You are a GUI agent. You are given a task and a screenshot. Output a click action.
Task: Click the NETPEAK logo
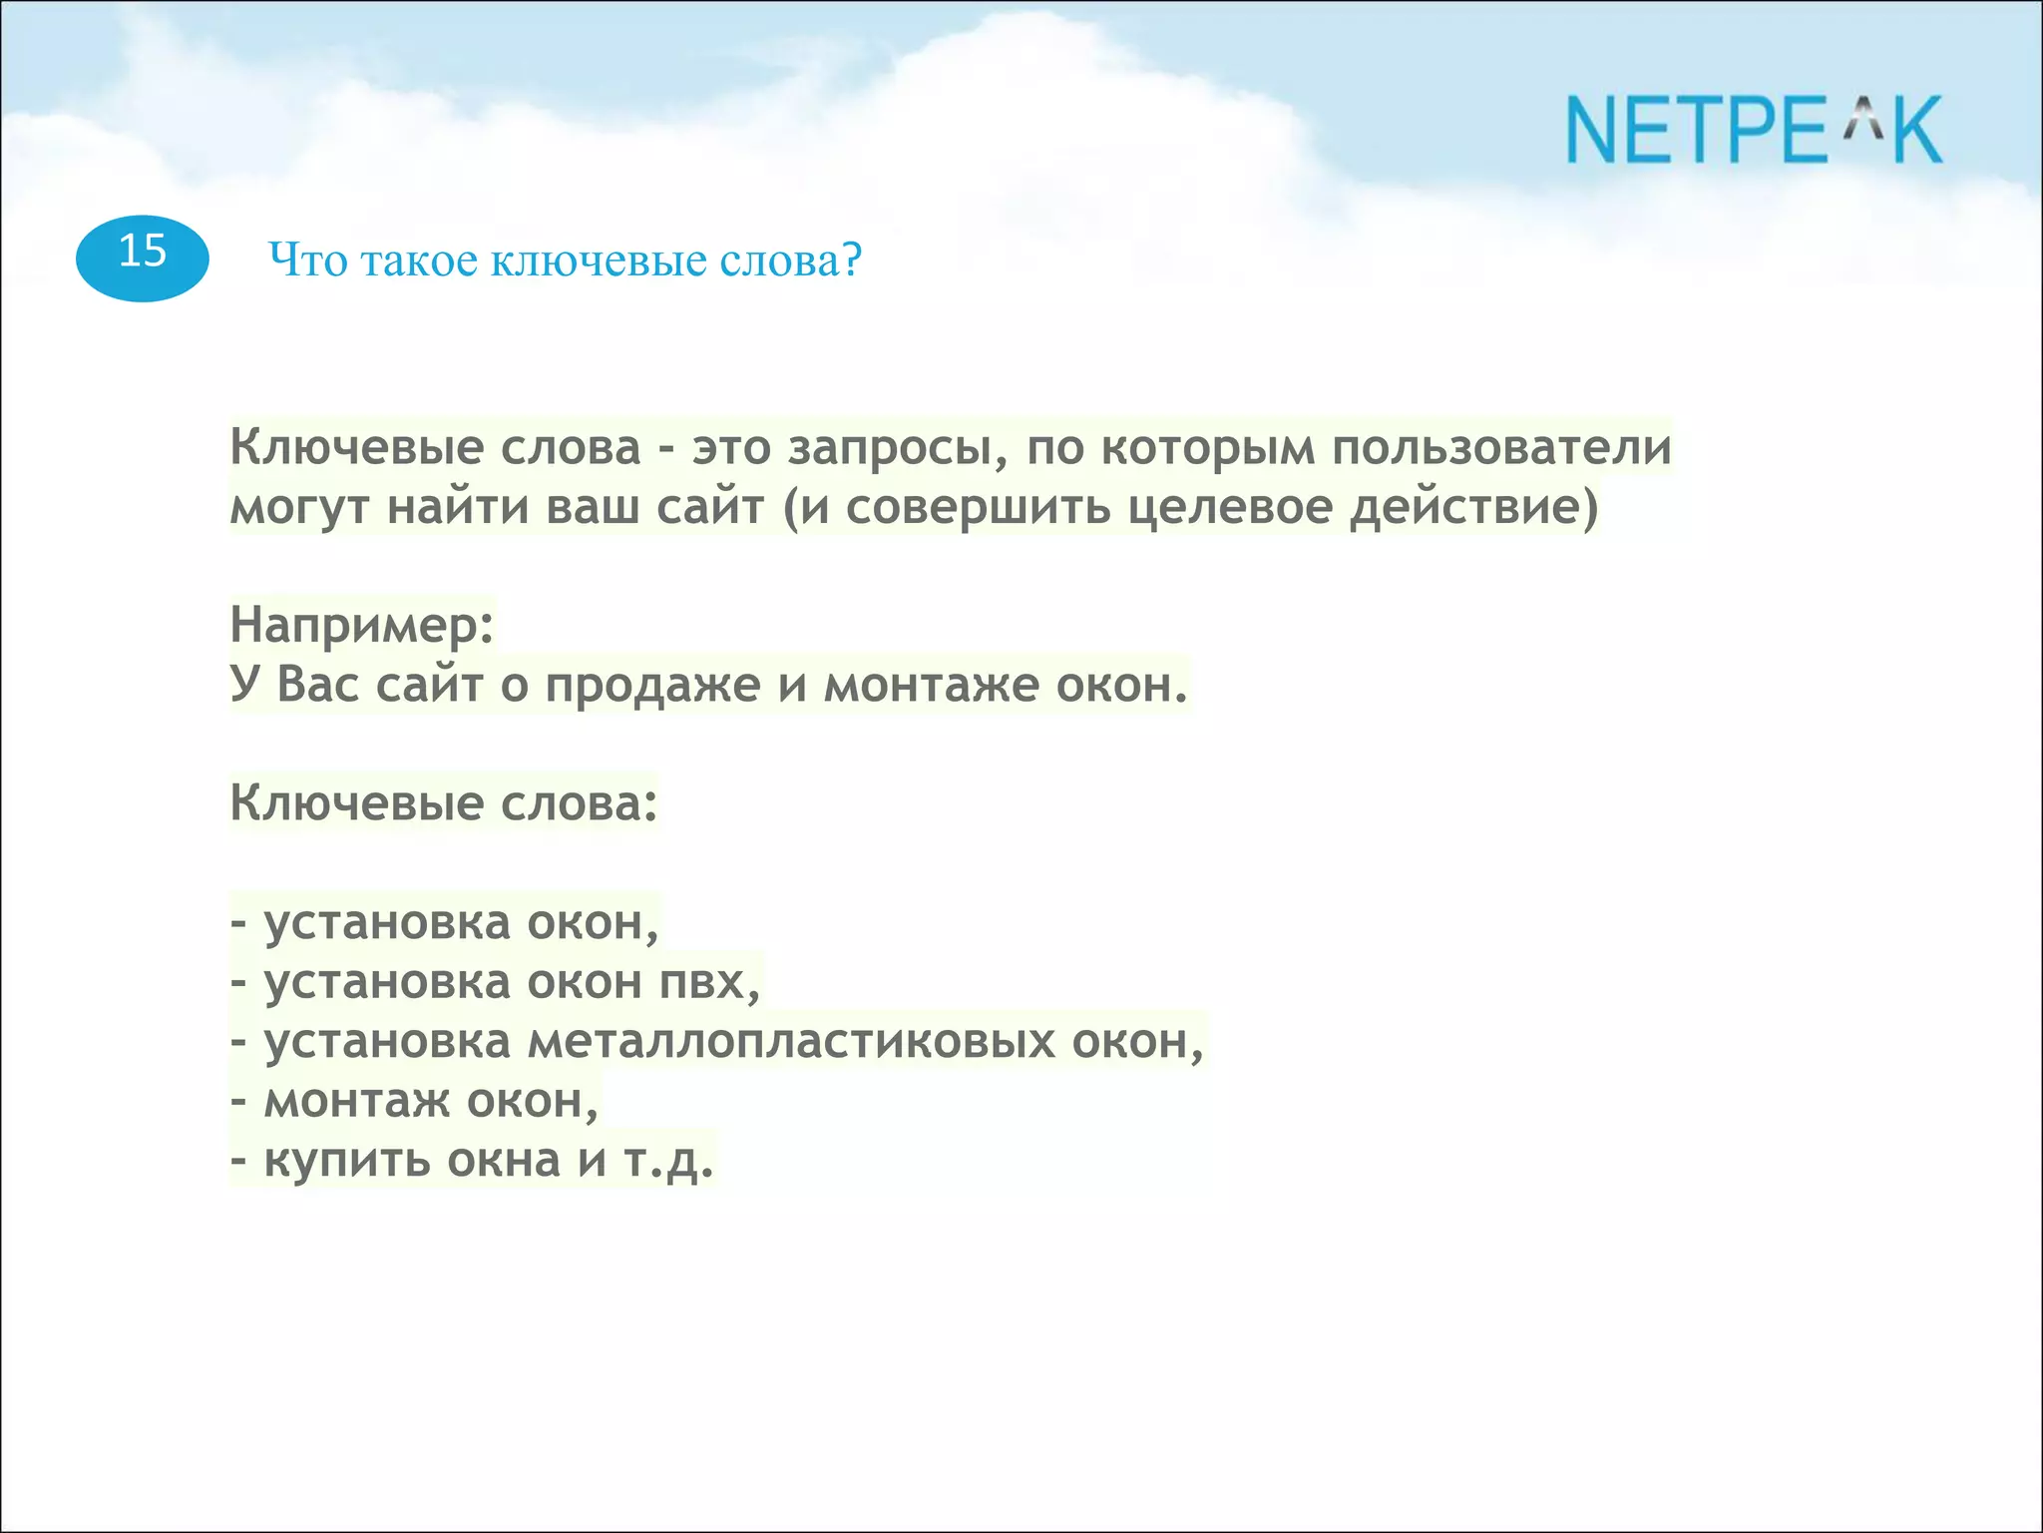coord(1754,130)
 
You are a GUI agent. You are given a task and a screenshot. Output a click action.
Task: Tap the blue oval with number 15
coord(142,257)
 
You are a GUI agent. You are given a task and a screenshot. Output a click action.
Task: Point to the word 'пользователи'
coord(1501,447)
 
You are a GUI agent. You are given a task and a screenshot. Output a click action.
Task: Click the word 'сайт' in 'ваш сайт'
coord(709,507)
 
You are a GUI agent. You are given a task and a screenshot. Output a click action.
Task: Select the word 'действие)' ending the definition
coord(1474,507)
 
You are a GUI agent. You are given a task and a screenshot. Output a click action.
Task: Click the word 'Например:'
coord(362,627)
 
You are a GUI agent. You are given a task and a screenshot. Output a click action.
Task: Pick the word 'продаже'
coord(652,687)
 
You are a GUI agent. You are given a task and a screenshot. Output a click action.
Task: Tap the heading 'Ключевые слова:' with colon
coord(444,802)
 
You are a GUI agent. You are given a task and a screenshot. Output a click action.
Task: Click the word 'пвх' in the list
coord(709,983)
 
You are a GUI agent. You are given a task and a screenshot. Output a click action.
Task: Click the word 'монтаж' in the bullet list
coord(356,1101)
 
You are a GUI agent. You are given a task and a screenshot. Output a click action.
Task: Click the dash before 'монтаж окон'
coord(238,1102)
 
